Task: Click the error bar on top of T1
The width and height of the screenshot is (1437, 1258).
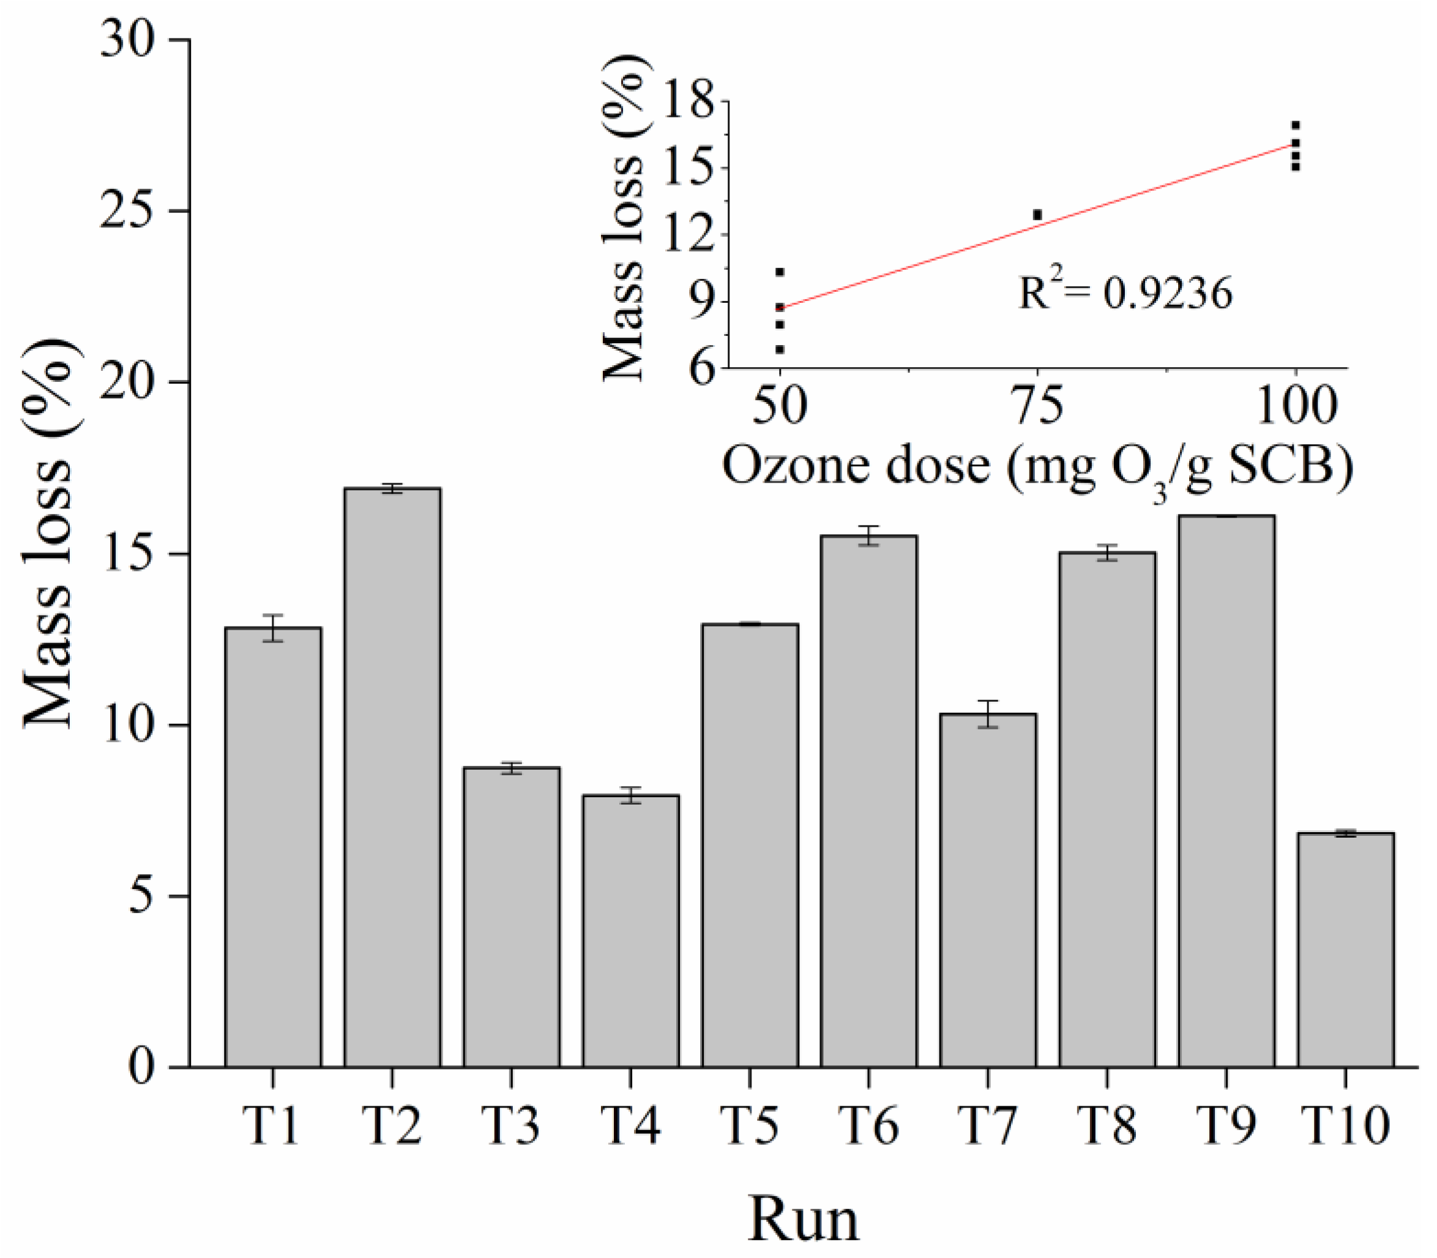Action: [273, 627]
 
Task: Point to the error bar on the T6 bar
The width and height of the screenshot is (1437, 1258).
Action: [868, 535]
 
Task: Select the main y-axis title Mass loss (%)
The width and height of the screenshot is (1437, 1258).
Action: [49, 534]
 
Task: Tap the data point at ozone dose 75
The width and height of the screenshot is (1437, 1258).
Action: [1037, 214]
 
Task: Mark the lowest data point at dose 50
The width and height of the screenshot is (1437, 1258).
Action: [780, 349]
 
